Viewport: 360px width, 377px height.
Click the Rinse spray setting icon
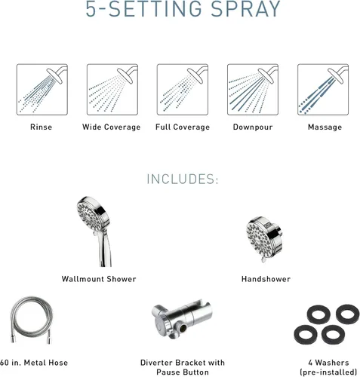click(x=42, y=90)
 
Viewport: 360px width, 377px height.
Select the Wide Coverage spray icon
click(x=112, y=90)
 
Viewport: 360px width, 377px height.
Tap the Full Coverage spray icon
click(x=183, y=90)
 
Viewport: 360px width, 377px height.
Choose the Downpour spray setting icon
click(x=253, y=90)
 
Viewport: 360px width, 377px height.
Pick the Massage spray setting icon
click(x=323, y=90)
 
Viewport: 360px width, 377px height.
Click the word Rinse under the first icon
click(x=42, y=127)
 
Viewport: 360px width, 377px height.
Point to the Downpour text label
click(x=253, y=127)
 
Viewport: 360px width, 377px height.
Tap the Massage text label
click(x=325, y=127)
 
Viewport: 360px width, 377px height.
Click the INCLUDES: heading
click(x=183, y=179)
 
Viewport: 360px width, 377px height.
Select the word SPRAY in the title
click(x=245, y=9)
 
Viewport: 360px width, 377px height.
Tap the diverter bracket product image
click(x=182, y=319)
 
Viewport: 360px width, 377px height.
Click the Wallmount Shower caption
click(x=99, y=279)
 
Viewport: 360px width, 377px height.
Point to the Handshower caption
click(x=266, y=279)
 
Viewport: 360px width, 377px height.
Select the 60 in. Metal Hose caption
click(x=34, y=363)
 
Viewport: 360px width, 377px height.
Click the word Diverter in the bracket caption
click(x=156, y=363)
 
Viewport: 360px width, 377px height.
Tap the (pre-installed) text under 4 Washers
click(x=328, y=372)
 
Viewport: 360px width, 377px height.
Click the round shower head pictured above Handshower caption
click(x=264, y=238)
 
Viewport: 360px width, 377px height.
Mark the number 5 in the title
click(x=91, y=9)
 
